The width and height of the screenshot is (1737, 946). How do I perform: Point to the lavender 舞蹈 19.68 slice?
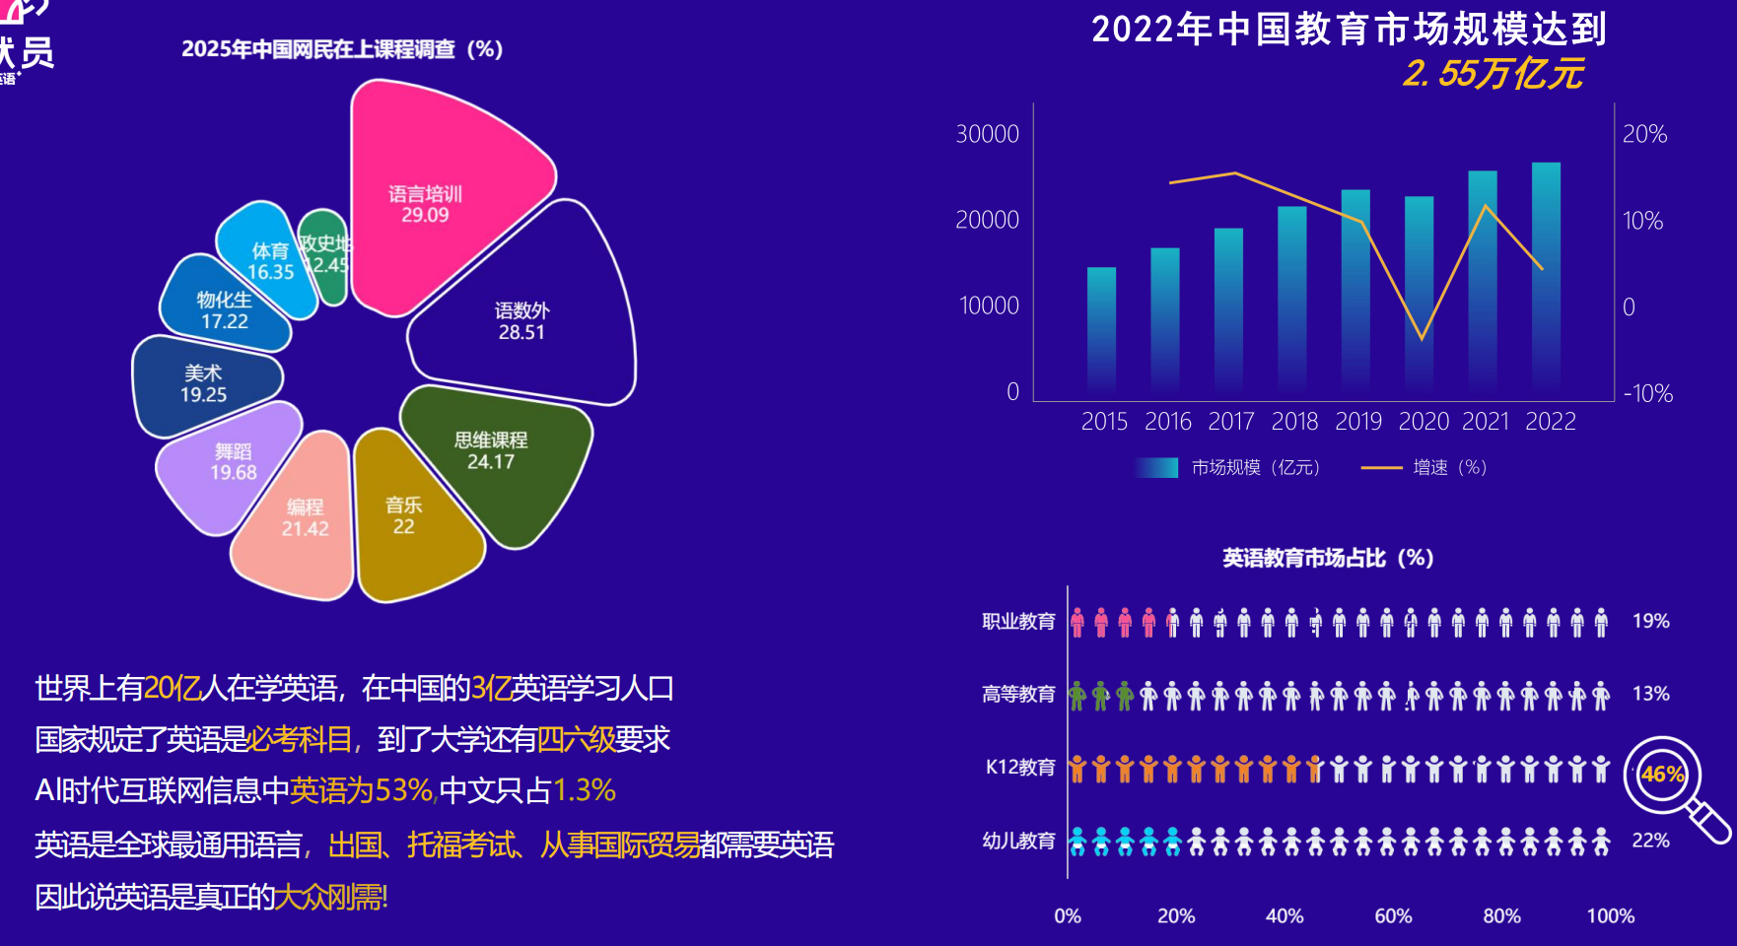pos(233,462)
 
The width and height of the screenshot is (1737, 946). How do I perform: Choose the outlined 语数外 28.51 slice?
pos(521,321)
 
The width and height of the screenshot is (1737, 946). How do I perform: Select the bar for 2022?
pos(1546,276)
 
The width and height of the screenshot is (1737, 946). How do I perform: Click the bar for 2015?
pos(1101,330)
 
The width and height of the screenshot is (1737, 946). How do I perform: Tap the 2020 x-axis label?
pos(1424,422)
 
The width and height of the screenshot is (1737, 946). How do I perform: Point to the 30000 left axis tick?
pos(987,134)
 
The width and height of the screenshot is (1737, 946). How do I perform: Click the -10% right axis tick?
pos(1647,394)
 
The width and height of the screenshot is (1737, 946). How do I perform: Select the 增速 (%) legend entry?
pos(1424,467)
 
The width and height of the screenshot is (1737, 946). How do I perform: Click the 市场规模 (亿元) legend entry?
pos(1228,467)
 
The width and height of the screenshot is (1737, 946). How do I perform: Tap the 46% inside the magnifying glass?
pos(1662,775)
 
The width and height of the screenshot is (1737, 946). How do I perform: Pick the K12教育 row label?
pos(1020,767)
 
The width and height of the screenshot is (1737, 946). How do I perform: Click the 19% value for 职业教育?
pos(1650,621)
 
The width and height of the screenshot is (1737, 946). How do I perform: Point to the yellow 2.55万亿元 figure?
pos(1494,74)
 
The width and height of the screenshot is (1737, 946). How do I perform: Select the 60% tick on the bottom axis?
pos(1393,916)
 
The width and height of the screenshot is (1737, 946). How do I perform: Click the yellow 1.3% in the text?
pos(585,790)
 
